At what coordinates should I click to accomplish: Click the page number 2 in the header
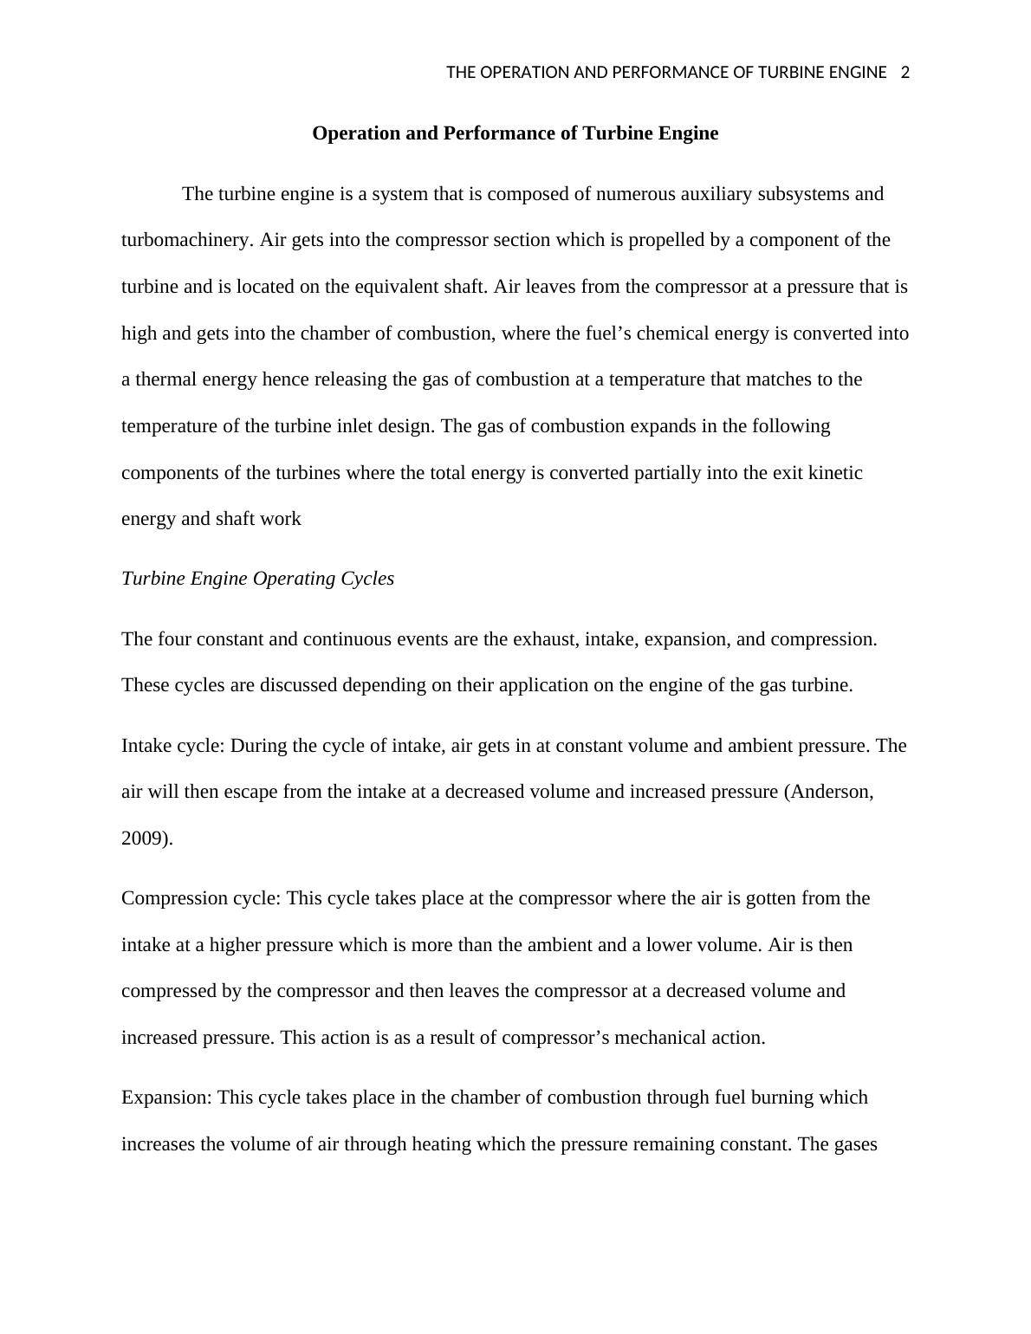[x=905, y=73]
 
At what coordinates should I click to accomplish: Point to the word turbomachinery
[x=187, y=240]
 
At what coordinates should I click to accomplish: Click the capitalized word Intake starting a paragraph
[x=146, y=746]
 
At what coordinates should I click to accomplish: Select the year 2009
[x=143, y=839]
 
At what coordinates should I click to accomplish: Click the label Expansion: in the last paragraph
[x=166, y=1098]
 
